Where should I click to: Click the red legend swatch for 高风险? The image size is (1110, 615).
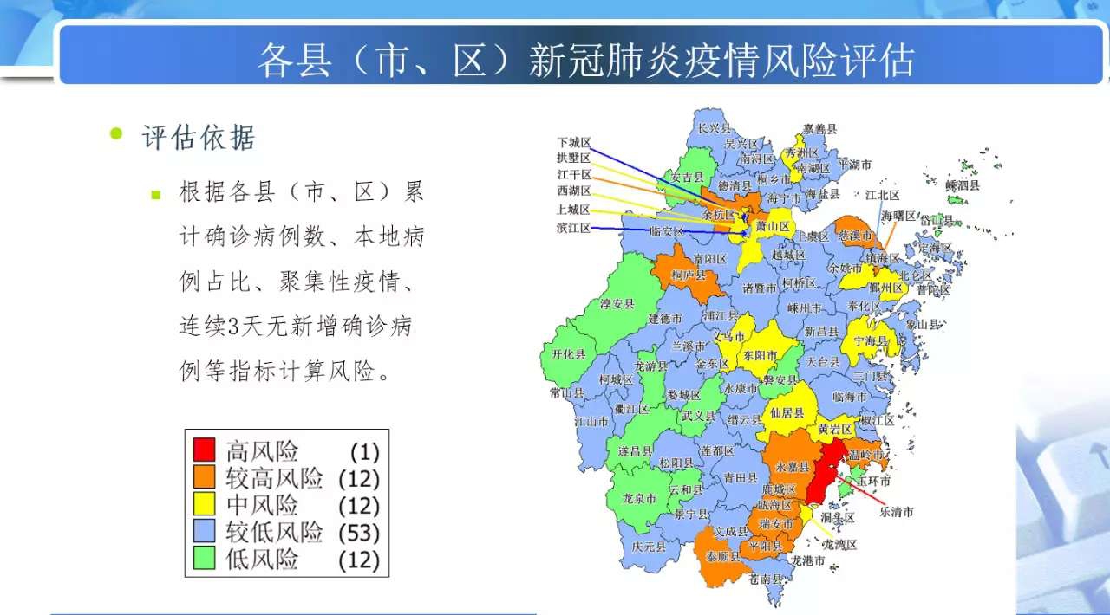(x=204, y=450)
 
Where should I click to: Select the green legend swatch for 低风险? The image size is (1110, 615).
(x=204, y=559)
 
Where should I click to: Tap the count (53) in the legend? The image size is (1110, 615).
(x=360, y=532)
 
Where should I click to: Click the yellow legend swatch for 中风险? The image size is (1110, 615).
(x=204, y=504)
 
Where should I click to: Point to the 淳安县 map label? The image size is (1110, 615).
(x=617, y=304)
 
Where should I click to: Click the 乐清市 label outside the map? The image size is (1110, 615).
(x=897, y=512)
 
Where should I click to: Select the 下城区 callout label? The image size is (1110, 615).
(x=573, y=142)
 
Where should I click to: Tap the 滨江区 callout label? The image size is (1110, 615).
(x=573, y=228)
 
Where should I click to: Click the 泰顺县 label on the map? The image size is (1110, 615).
(x=722, y=556)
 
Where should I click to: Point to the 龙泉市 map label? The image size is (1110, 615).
(x=640, y=499)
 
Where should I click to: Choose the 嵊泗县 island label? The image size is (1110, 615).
(x=962, y=185)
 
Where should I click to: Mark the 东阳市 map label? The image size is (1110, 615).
(x=760, y=355)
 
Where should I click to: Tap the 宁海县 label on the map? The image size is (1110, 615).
(x=871, y=341)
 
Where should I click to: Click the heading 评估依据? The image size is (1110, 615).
(x=199, y=138)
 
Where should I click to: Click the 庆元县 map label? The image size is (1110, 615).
(x=648, y=547)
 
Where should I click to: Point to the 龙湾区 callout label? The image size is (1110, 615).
(x=839, y=545)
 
